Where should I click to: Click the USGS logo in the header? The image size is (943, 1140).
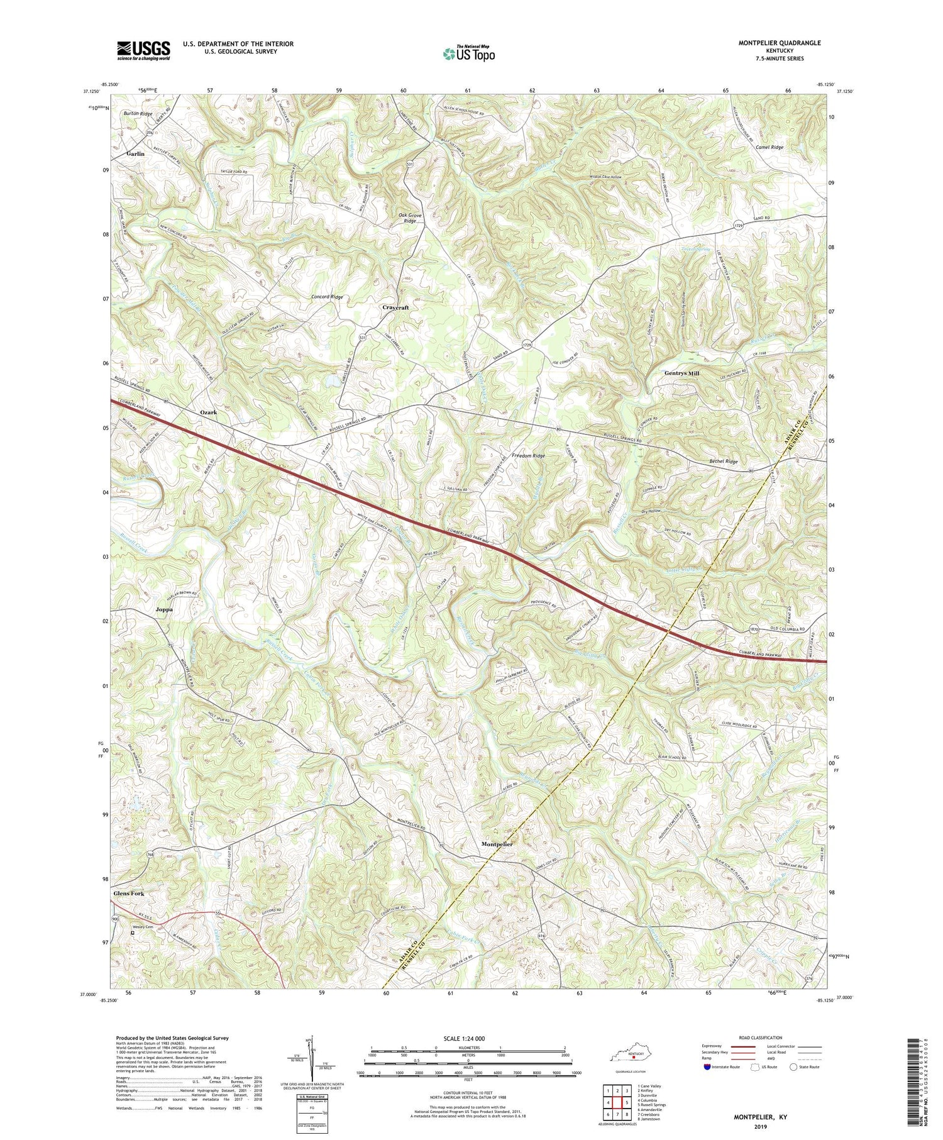(143, 50)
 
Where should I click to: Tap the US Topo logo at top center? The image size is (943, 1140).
(468, 54)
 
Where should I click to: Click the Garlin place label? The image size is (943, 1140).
(135, 153)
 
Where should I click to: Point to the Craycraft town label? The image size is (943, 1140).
(396, 307)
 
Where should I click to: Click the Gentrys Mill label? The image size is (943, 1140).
(682, 373)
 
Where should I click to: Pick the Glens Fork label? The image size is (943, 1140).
(129, 894)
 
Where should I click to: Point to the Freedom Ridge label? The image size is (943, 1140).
(528, 455)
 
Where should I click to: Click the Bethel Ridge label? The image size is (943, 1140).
(723, 462)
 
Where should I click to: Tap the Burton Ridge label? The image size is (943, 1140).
(138, 114)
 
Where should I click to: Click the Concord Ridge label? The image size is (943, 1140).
(327, 296)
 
